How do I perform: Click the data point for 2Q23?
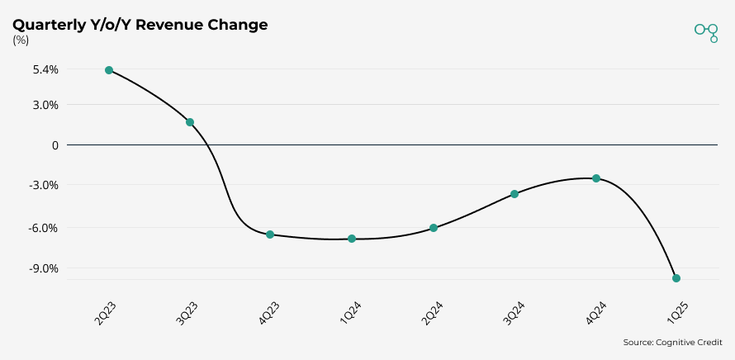click(x=109, y=70)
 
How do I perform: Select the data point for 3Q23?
click(x=190, y=122)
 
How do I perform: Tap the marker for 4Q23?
click(x=270, y=234)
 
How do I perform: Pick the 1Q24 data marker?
click(x=352, y=239)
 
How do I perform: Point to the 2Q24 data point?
click(x=434, y=228)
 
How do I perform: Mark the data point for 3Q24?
click(x=514, y=194)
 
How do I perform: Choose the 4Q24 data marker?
click(x=596, y=178)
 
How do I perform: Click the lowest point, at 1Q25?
click(x=676, y=278)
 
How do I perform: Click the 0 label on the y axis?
click(x=55, y=145)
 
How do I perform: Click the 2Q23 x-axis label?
click(x=106, y=313)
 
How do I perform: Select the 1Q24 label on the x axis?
click(x=350, y=313)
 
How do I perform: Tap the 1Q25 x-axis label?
click(x=676, y=313)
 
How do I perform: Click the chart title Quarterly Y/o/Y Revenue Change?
click(x=140, y=25)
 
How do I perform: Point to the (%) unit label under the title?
click(x=20, y=40)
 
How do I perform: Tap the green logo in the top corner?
click(x=707, y=31)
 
